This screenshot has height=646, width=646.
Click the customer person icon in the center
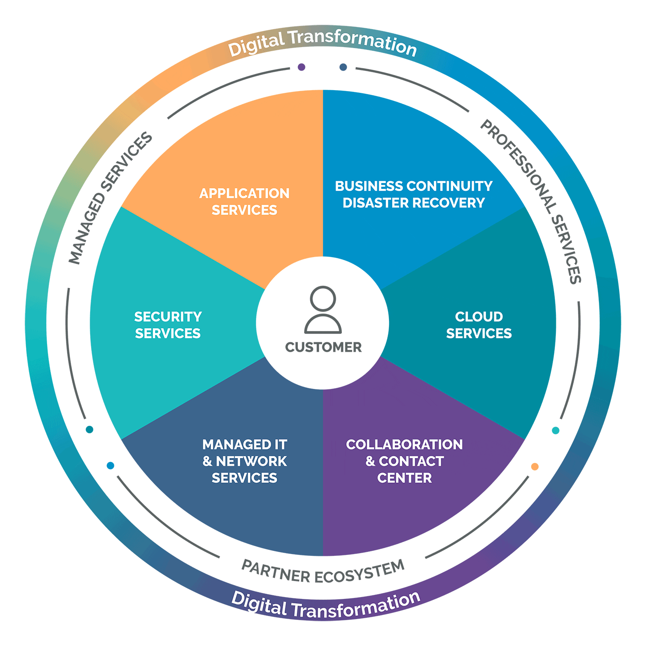coord(323,310)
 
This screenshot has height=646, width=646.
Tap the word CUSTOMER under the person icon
coord(323,347)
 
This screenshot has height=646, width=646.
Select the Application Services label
coord(244,201)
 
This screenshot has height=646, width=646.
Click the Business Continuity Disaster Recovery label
coord(414,194)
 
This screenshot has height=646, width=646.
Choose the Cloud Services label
coord(479,325)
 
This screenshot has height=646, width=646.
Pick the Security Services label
coord(168,325)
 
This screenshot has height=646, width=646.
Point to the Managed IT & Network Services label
coord(245,461)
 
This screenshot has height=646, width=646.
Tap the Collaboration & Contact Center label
coord(404,461)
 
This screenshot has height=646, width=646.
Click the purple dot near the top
coord(301,67)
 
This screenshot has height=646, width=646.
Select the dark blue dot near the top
coord(343,67)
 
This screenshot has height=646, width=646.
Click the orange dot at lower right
coord(535,466)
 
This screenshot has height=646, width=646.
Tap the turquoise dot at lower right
coord(555,430)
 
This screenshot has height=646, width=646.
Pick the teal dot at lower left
coord(90,429)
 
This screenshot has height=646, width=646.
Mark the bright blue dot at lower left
coord(110,466)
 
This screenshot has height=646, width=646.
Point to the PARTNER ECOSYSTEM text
coord(323,572)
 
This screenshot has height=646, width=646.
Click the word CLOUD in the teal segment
coord(479,316)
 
